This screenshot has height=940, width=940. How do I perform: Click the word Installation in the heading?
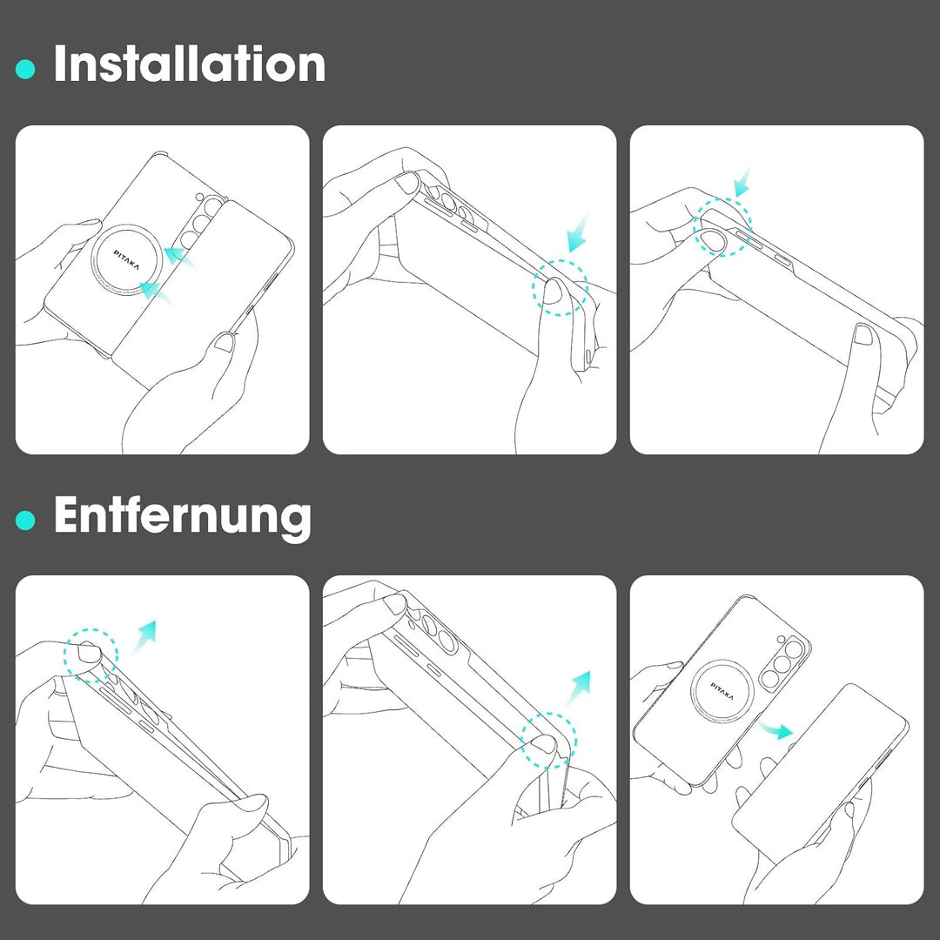[190, 64]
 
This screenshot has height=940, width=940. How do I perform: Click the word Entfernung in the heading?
[183, 515]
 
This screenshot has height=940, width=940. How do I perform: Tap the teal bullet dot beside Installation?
[25, 69]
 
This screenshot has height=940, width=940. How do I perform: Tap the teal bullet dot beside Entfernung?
[25, 520]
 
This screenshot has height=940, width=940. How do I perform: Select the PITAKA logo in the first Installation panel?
[126, 260]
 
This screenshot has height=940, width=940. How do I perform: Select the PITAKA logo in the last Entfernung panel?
[722, 691]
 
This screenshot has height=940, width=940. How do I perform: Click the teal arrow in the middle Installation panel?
[577, 233]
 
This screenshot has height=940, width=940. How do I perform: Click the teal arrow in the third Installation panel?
[742, 183]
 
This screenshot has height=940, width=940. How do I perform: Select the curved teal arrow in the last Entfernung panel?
[775, 729]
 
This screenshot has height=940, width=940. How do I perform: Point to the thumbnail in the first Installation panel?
[224, 342]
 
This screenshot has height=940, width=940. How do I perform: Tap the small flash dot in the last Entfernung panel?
[781, 639]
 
